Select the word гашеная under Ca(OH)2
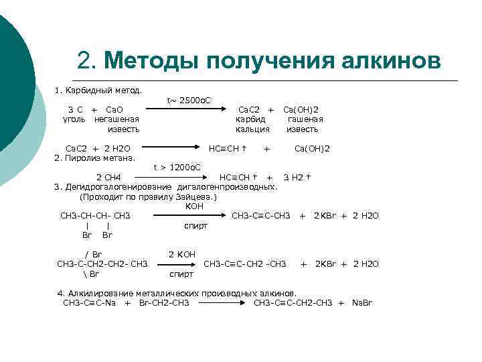point(302,119)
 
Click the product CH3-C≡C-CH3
point(261,215)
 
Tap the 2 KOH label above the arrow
point(182,255)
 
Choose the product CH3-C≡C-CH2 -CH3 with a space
point(245,264)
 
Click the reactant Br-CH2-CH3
point(164,303)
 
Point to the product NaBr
point(362,303)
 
